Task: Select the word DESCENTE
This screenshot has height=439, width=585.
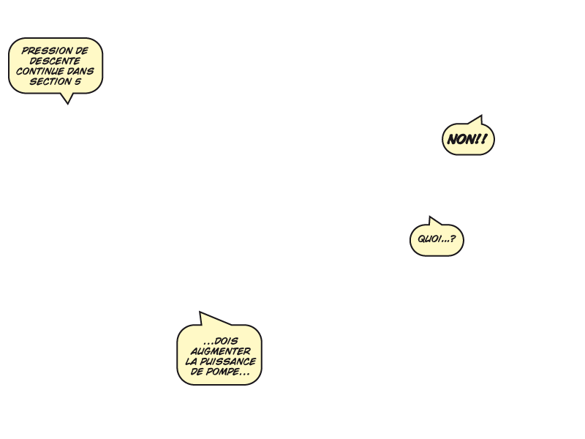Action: pyautogui.click(x=55, y=61)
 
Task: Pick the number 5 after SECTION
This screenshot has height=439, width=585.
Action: pyautogui.click(x=78, y=81)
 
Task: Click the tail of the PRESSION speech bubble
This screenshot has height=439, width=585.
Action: pyautogui.click(x=67, y=103)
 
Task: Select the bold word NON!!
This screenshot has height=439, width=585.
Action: pyautogui.click(x=467, y=139)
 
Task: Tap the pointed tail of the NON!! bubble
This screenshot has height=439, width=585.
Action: pyautogui.click(x=481, y=116)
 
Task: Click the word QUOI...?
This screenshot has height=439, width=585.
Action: pyautogui.click(x=437, y=239)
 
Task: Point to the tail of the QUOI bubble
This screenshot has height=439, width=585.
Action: pyautogui.click(x=430, y=217)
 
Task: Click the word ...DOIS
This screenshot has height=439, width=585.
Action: pyautogui.click(x=221, y=341)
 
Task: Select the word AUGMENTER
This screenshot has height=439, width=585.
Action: pyautogui.click(x=221, y=351)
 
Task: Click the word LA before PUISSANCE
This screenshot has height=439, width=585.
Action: pyautogui.click(x=191, y=361)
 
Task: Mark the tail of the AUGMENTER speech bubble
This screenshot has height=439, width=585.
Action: pyautogui.click(x=200, y=312)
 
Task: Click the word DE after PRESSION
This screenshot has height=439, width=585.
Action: pyautogui.click(x=82, y=50)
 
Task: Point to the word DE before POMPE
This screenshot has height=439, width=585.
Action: pyautogui.click(x=197, y=372)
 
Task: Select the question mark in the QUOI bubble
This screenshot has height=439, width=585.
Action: pyautogui.click(x=453, y=239)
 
